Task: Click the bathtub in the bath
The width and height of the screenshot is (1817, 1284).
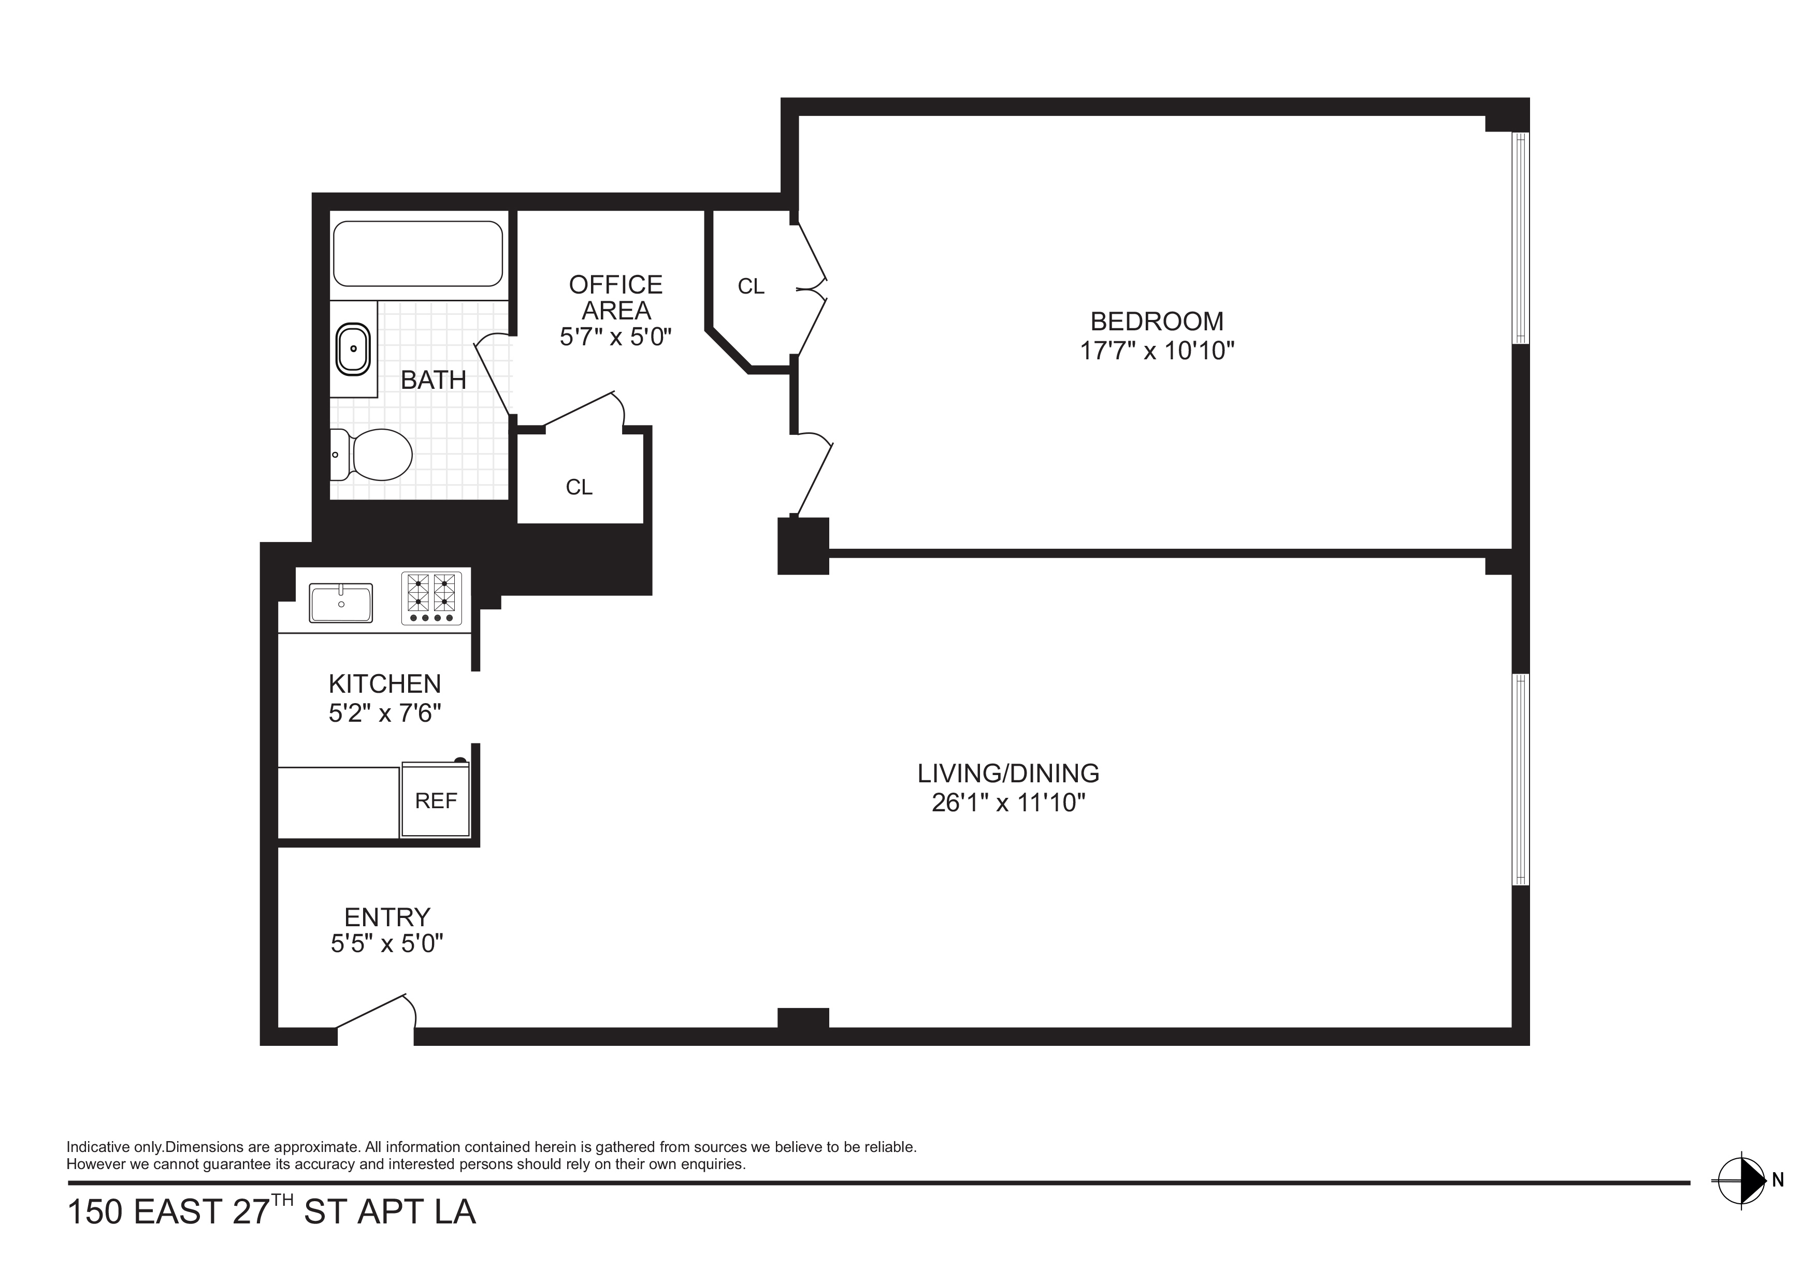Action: click(x=418, y=253)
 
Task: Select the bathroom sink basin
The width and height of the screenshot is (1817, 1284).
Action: click(x=353, y=349)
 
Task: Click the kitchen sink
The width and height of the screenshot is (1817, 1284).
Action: click(x=341, y=604)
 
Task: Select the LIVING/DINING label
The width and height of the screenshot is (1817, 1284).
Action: click(x=1008, y=773)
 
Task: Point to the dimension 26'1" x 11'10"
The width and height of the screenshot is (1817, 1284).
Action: click(x=1008, y=803)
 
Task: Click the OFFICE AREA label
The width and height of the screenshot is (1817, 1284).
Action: click(x=616, y=297)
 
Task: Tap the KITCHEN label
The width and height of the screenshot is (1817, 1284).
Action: click(x=385, y=683)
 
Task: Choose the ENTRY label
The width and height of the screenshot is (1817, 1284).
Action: click(x=387, y=917)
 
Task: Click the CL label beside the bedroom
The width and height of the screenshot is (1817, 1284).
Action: click(x=751, y=286)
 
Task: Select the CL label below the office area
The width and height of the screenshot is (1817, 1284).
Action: click(x=579, y=487)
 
